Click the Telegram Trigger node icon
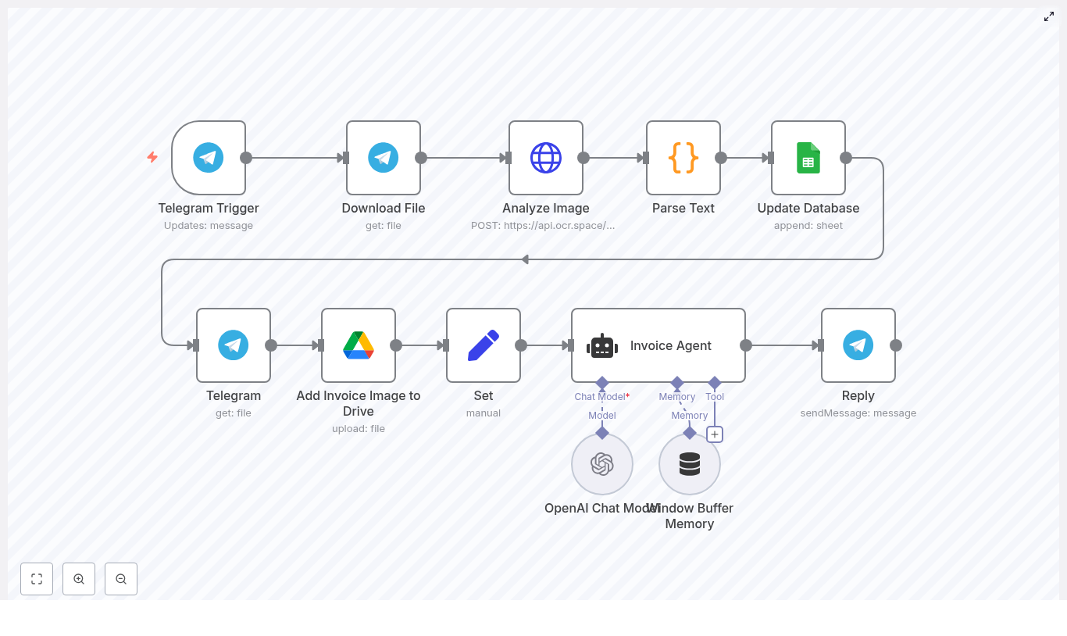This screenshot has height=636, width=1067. (209, 158)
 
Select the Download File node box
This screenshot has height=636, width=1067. (384, 158)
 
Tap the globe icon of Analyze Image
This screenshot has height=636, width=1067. (546, 158)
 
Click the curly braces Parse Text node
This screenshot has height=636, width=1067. (683, 158)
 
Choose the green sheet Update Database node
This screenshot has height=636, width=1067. (808, 158)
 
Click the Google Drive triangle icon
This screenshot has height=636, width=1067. (359, 345)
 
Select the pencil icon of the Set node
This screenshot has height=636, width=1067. (484, 345)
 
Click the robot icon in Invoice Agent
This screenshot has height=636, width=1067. (602, 346)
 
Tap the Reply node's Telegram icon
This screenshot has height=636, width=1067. (858, 345)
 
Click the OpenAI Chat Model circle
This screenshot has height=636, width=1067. (602, 464)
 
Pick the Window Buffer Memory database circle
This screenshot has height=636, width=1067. (690, 464)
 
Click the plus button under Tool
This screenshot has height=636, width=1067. (715, 434)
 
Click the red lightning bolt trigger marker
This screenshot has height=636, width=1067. (152, 157)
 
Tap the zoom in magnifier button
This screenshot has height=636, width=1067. (79, 579)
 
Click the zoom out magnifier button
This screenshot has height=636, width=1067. (121, 579)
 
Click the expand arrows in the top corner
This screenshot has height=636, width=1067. (1049, 16)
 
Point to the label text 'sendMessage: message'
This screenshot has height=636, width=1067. (858, 413)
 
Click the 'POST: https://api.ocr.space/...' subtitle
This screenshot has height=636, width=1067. (543, 226)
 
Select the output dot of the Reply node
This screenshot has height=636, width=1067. (896, 345)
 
